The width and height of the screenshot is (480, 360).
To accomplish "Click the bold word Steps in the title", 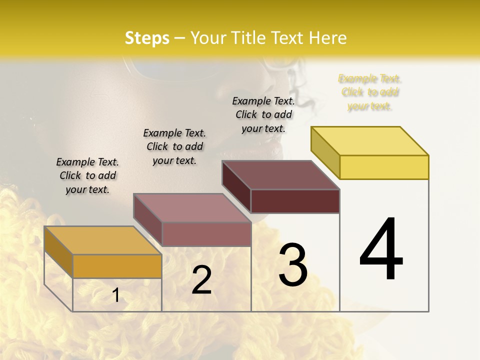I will (x=147, y=38).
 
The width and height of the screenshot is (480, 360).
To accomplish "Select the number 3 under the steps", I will (x=292, y=264).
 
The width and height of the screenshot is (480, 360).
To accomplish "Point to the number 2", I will (x=201, y=280).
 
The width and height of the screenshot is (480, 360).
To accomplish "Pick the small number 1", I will (x=115, y=295).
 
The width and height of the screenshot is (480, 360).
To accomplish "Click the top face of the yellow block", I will (x=370, y=141).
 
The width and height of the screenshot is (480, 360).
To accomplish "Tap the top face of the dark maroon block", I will (x=280, y=175).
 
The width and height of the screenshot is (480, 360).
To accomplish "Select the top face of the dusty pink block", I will (x=192, y=208).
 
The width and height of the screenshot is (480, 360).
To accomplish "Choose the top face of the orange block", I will (x=103, y=240).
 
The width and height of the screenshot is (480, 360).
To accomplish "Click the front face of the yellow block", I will (x=384, y=167).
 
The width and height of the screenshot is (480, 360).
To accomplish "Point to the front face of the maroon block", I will (x=295, y=201).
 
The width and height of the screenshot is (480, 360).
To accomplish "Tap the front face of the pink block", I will (x=206, y=234).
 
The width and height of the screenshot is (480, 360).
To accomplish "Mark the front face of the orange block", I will (x=117, y=266).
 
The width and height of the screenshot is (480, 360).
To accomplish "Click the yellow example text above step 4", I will (x=370, y=92).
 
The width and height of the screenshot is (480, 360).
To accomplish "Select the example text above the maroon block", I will (x=263, y=114).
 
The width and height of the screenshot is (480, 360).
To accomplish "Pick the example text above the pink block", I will (x=174, y=146).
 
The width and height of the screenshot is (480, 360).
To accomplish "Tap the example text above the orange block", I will (x=87, y=175).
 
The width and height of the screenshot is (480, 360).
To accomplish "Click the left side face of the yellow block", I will (x=325, y=152).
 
